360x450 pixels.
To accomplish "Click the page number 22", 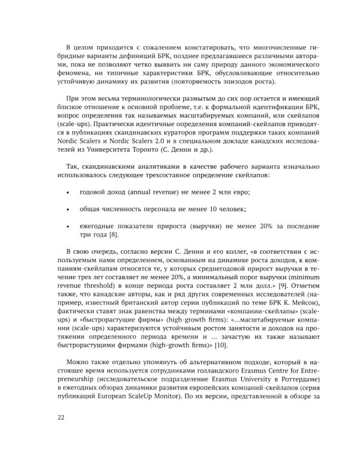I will (x=61, y=418).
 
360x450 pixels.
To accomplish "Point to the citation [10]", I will (x=221, y=346).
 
